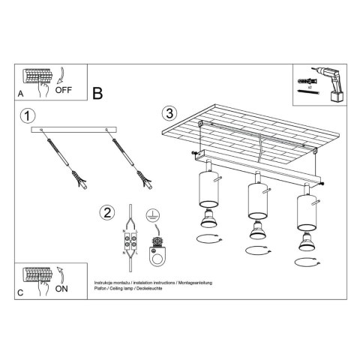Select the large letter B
click(x=98, y=94)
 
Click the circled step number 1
click(x=28, y=116)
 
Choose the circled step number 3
click(x=169, y=114)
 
